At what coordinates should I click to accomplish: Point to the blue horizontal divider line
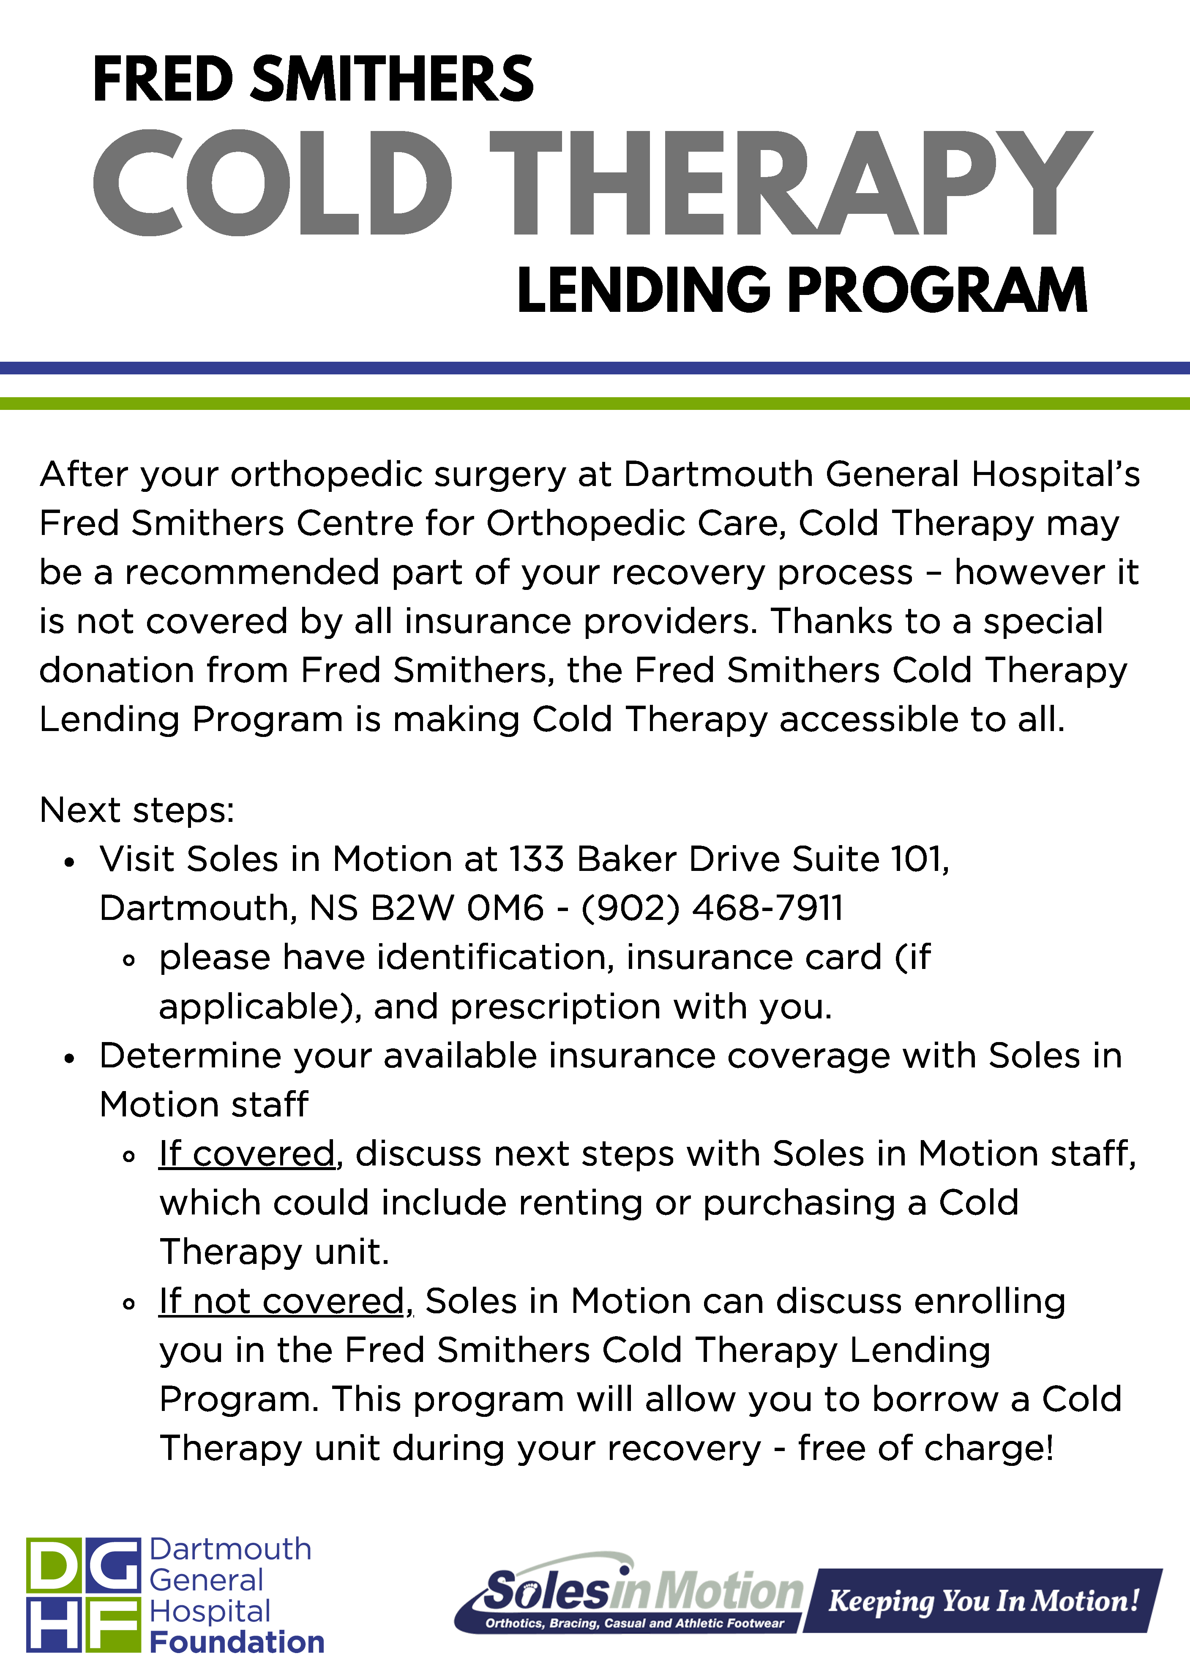point(595,368)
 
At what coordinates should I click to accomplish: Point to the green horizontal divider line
point(595,404)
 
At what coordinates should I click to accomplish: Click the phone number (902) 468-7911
point(712,908)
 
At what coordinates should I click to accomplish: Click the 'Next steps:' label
point(137,810)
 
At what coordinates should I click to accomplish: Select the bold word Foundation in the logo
point(237,1643)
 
